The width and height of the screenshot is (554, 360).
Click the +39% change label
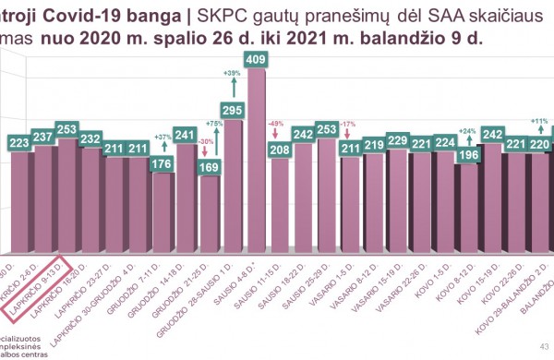click(233, 73)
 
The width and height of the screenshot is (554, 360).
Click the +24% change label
click(468, 131)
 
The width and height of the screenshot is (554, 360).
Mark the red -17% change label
click(347, 123)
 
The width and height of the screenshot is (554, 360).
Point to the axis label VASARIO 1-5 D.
click(328, 286)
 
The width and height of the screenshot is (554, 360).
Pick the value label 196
click(469, 154)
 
